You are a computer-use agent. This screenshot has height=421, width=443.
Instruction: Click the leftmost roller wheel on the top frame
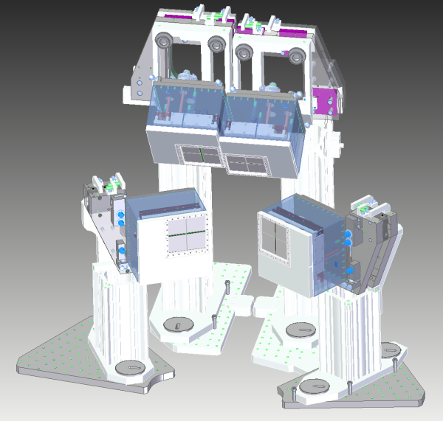tap(165, 42)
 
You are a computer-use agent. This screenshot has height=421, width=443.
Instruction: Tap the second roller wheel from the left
tap(216, 44)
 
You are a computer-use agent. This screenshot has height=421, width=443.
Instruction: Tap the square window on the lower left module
tap(185, 235)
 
